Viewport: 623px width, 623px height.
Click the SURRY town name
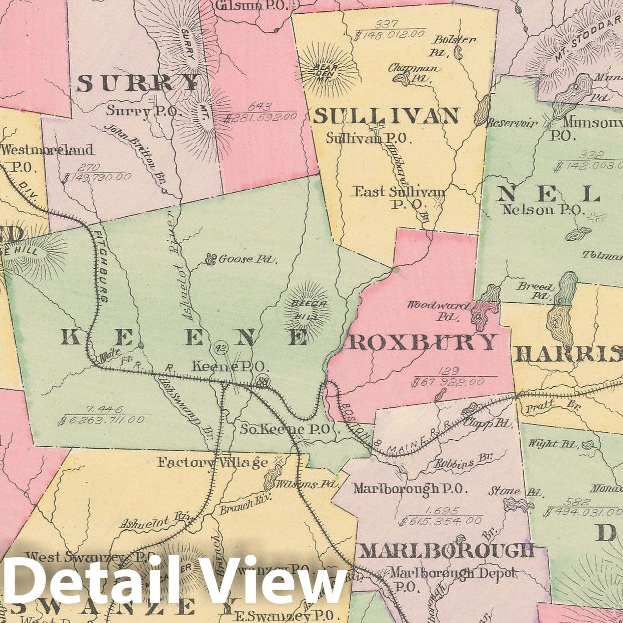[138, 84]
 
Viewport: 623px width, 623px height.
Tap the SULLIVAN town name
[386, 117]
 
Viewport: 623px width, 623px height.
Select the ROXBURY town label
[421, 342]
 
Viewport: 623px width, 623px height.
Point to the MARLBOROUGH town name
[447, 550]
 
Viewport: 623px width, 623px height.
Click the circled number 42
[221, 348]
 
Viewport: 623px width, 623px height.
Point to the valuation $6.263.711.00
[101, 420]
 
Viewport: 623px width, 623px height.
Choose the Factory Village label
[213, 462]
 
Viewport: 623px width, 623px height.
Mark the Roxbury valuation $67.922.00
[454, 382]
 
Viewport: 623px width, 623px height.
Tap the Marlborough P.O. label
[410, 488]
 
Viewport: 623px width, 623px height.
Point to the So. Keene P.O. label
[284, 429]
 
